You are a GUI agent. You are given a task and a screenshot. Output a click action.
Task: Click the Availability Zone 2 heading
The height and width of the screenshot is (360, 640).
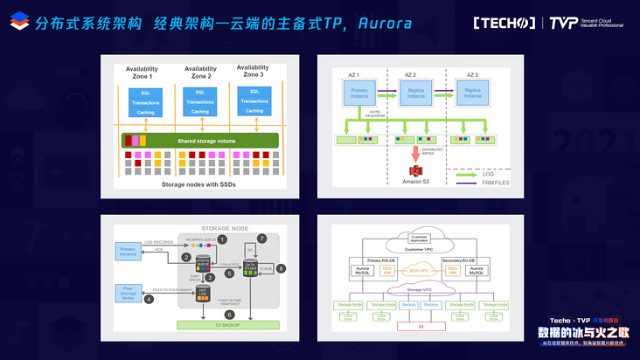(x=199, y=73)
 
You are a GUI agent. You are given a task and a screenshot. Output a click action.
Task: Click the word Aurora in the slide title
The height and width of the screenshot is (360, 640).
(x=382, y=23)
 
